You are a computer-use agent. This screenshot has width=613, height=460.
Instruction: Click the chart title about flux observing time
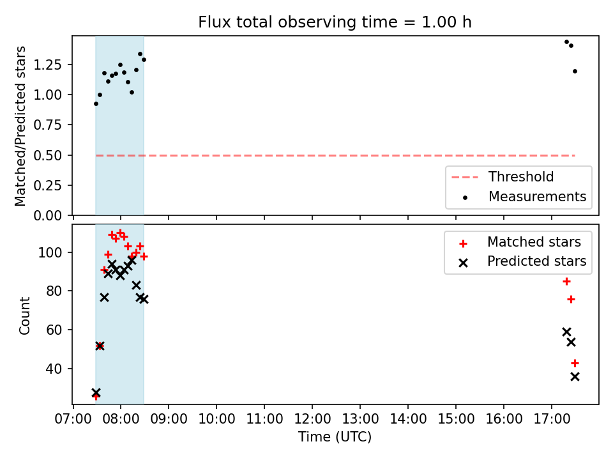click(x=335, y=22)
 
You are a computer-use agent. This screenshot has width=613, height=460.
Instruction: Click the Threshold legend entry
click(x=503, y=177)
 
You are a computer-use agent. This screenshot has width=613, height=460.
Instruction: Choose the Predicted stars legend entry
click(x=522, y=261)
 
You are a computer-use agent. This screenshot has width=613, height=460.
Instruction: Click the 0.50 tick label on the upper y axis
click(x=48, y=156)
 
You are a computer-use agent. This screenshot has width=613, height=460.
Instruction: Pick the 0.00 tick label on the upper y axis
click(x=48, y=215)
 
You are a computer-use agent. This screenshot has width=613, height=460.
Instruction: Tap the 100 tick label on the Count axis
click(x=50, y=253)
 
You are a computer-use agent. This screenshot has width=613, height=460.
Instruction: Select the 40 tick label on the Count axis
click(x=54, y=369)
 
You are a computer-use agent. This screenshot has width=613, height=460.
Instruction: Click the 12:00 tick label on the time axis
click(x=312, y=419)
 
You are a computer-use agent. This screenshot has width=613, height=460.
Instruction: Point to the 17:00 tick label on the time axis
click(x=552, y=419)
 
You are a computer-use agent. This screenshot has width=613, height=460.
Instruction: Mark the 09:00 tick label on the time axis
click(x=169, y=419)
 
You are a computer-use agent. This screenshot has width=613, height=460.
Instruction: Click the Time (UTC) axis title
click(x=335, y=436)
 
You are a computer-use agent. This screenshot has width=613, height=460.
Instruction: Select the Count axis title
click(x=24, y=315)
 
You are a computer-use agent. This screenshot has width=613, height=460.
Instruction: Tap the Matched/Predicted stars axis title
click(x=20, y=126)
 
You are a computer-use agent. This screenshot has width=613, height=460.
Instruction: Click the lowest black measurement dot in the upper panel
click(x=96, y=104)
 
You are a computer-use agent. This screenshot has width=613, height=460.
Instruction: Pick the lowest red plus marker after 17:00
click(x=575, y=364)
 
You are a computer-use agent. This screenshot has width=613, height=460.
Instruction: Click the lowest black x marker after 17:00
click(x=575, y=377)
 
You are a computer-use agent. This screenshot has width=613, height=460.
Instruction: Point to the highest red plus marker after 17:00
click(x=566, y=282)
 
